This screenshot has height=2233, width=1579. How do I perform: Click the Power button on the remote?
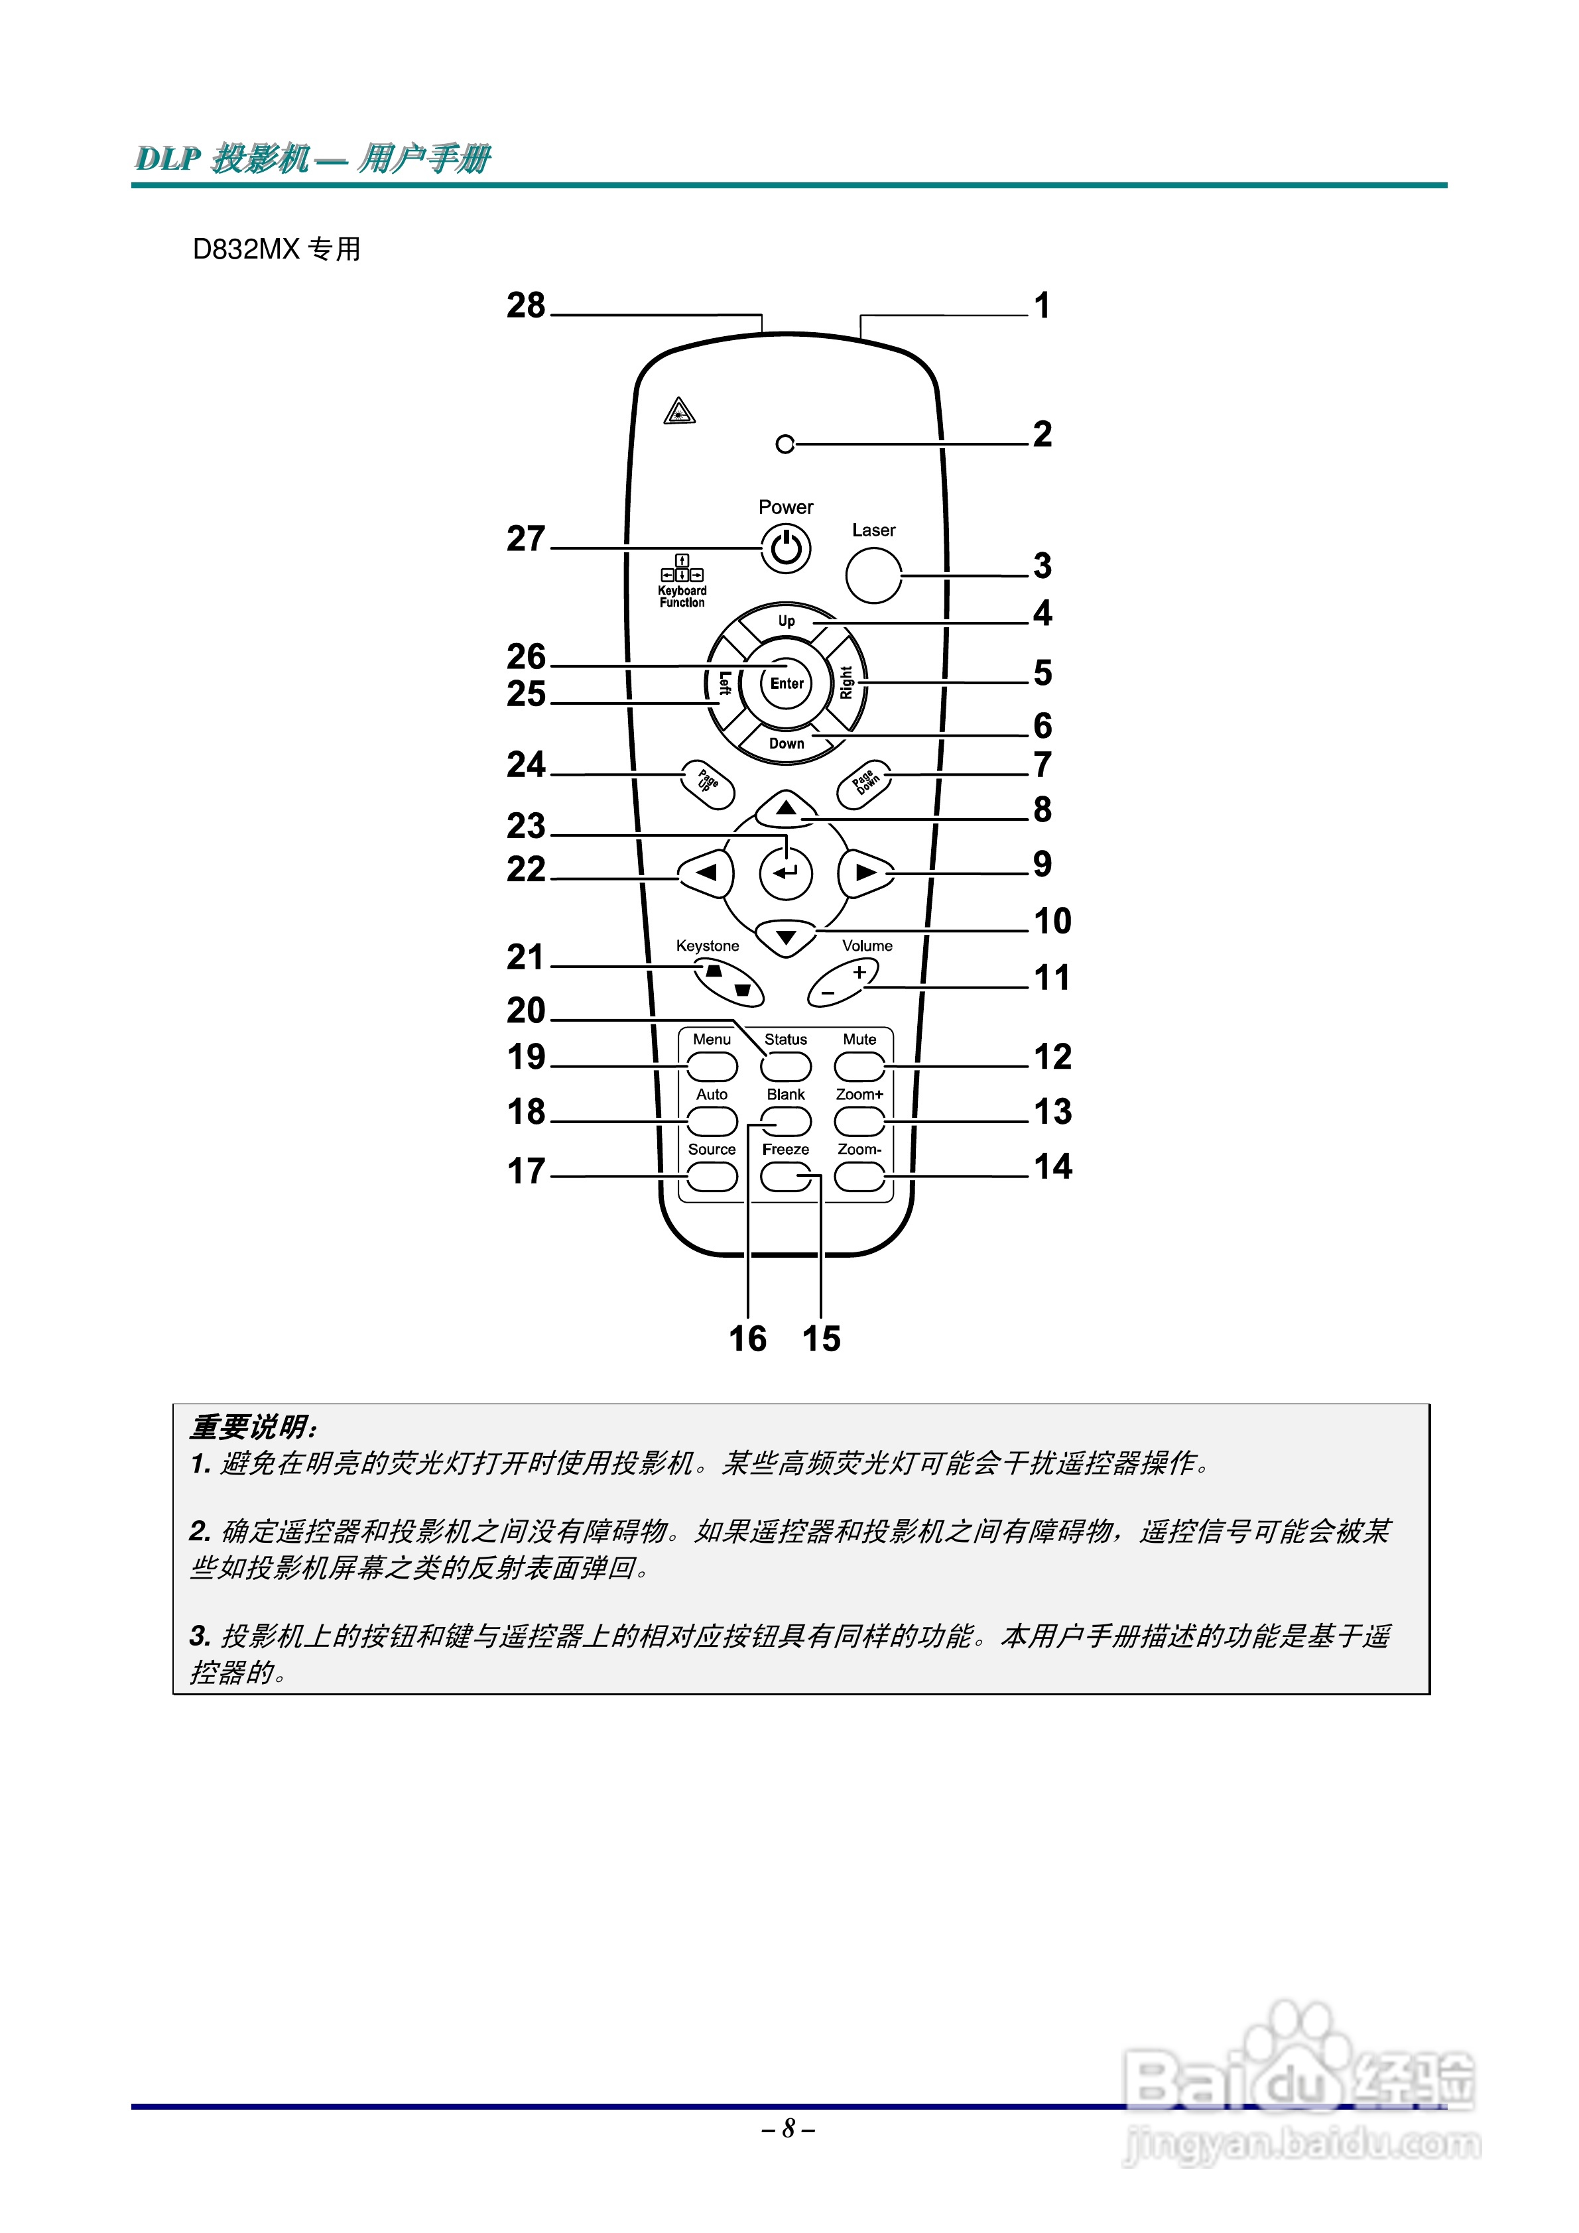tap(785, 548)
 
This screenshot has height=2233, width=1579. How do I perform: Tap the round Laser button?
tap(873, 575)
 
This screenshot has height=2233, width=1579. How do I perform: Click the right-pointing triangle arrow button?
tap(864, 873)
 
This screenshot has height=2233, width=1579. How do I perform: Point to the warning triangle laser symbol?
tap(679, 412)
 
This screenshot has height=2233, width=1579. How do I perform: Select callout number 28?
tap(527, 306)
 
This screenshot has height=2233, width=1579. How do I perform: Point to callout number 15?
tap(821, 1338)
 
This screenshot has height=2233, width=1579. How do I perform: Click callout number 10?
tap(1052, 921)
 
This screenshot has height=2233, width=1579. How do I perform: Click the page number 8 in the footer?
tap(788, 2129)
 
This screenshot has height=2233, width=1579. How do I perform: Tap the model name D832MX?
tap(246, 249)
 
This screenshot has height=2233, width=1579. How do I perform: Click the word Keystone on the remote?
tap(708, 945)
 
